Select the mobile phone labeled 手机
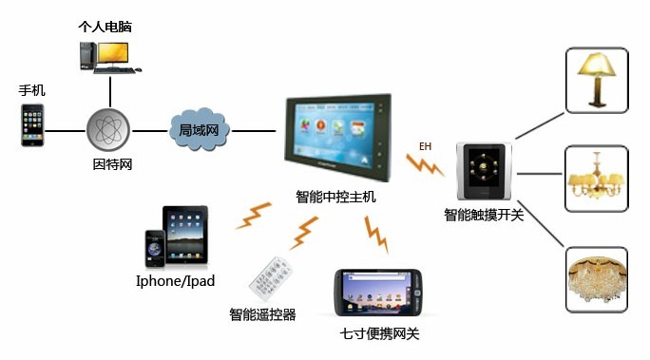(34, 126)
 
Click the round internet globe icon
(109, 129)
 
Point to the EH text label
(425, 147)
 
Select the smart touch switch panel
(485, 173)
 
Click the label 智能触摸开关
(484, 215)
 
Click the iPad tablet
(185, 236)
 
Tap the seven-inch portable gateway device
(378, 293)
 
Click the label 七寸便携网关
(379, 333)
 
